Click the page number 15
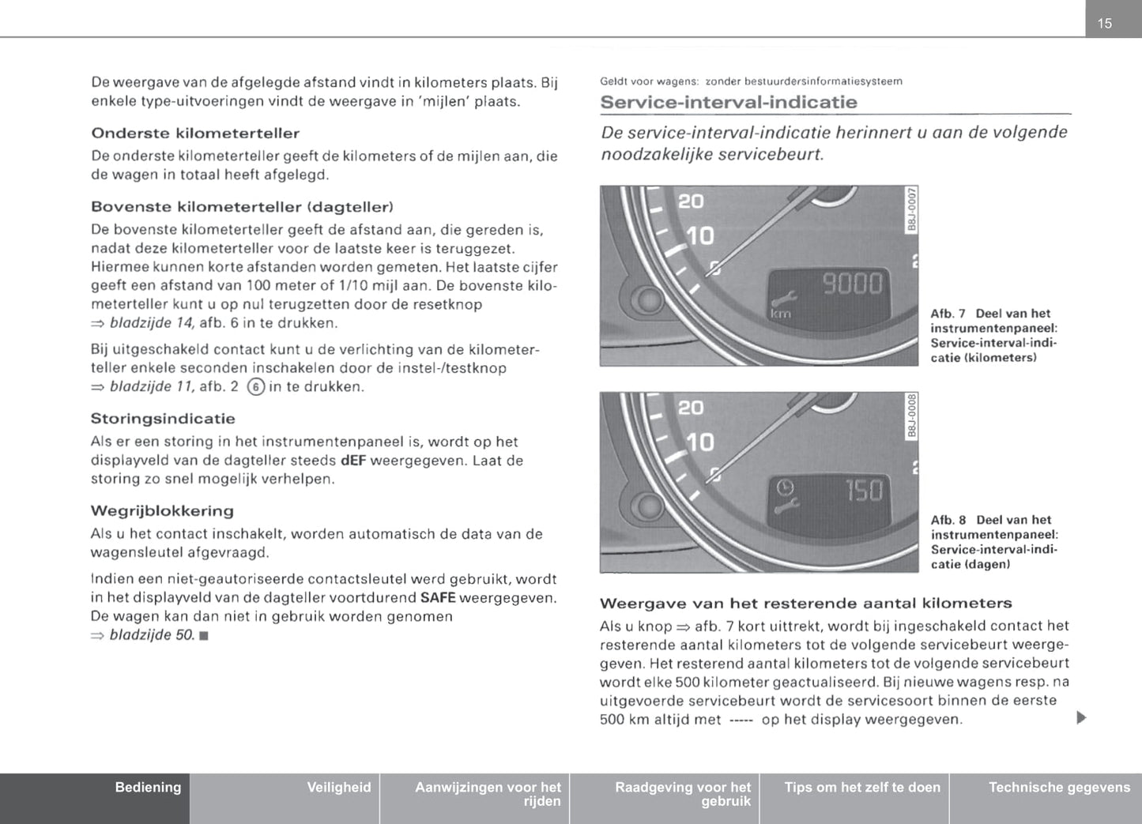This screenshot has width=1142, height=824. pyautogui.click(x=1105, y=24)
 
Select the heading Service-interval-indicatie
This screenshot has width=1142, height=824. pyautogui.click(x=728, y=102)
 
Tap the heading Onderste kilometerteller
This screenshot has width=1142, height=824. pyautogui.click(x=195, y=133)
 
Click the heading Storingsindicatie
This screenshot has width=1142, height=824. pyautogui.click(x=163, y=419)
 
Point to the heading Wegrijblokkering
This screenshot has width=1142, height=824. pyautogui.click(x=162, y=511)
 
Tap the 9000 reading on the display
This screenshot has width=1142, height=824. pyautogui.click(x=853, y=284)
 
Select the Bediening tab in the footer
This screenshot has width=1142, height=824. pyautogui.click(x=148, y=788)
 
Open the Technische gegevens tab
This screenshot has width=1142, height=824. pyautogui.click(x=1059, y=788)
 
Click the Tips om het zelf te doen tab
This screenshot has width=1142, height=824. pyautogui.click(x=862, y=788)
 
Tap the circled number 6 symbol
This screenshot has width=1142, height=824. pyautogui.click(x=255, y=387)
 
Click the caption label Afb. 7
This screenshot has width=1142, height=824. pyautogui.click(x=948, y=314)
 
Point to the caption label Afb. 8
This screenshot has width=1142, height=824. pyautogui.click(x=948, y=520)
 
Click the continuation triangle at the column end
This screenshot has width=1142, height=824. pyautogui.click(x=1082, y=718)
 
